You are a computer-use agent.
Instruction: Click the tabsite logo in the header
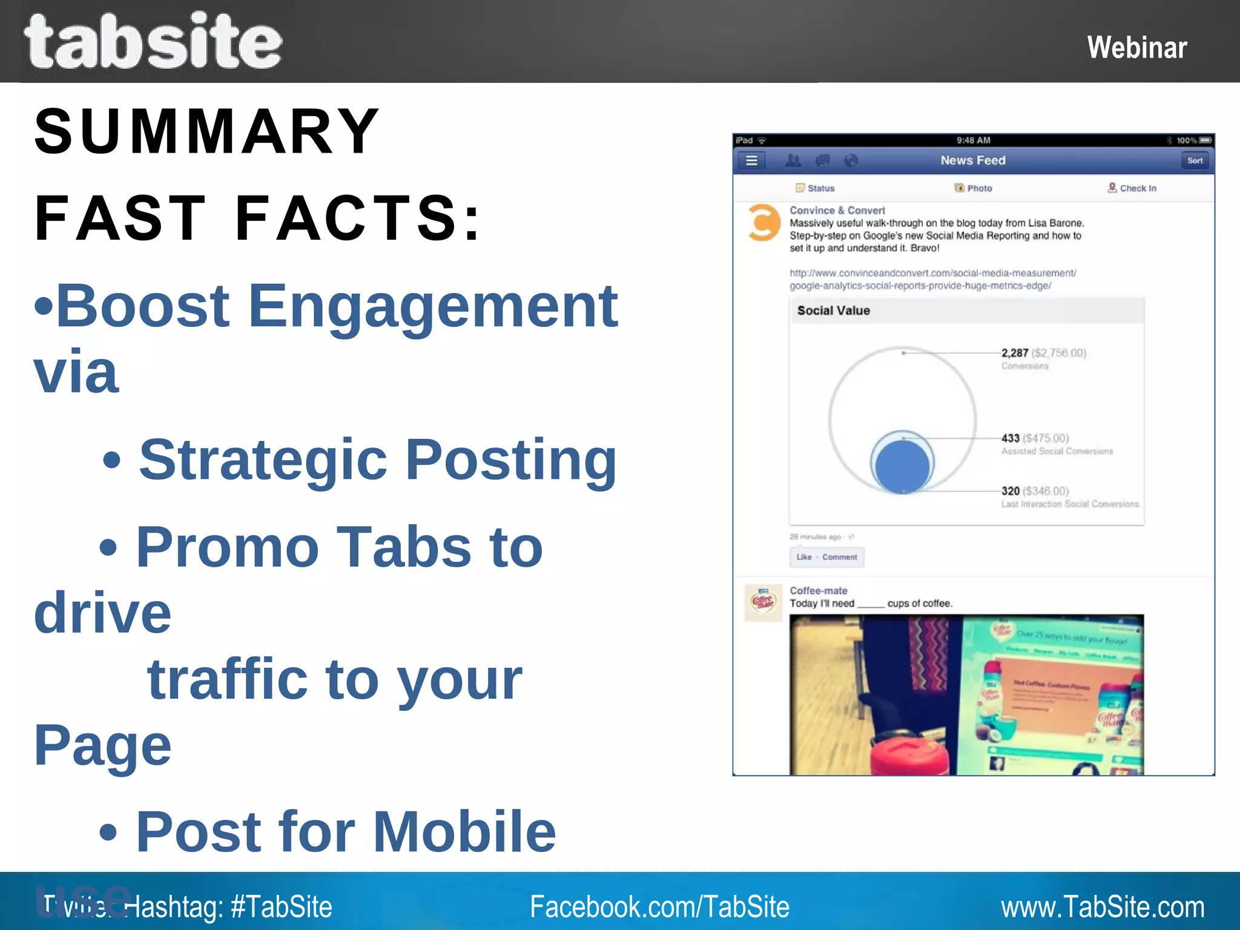tap(153, 41)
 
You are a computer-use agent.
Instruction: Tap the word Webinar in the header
tap(1136, 47)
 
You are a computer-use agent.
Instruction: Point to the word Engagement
tap(433, 306)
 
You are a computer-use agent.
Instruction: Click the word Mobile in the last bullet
tap(464, 831)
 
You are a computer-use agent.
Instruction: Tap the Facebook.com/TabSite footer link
tap(659, 907)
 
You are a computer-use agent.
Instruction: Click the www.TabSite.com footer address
tap(1102, 907)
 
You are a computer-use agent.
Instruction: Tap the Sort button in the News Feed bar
tap(1195, 160)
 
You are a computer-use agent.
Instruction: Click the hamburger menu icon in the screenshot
tap(751, 160)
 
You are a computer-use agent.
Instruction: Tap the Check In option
tap(1132, 188)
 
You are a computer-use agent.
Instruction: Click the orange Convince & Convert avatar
tap(763, 223)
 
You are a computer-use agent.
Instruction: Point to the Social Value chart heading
tap(833, 311)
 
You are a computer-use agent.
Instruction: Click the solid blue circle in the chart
tap(902, 466)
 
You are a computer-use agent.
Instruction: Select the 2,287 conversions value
tap(1015, 353)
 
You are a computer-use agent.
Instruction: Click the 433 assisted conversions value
tap(1011, 438)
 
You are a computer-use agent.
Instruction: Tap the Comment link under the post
tap(839, 557)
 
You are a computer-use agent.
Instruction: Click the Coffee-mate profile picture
tap(763, 602)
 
